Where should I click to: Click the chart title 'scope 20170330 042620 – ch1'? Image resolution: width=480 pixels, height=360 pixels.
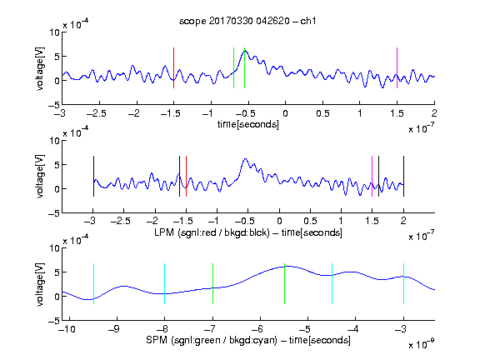[247, 21]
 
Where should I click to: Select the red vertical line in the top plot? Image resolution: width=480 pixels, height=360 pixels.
[173, 68]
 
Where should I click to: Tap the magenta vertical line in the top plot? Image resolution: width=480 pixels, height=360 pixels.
[397, 68]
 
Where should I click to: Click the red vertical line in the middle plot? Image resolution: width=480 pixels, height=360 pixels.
[186, 177]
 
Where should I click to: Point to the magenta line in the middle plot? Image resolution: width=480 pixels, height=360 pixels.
[372, 177]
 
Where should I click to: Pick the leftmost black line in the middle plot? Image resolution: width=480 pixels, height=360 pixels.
[93, 177]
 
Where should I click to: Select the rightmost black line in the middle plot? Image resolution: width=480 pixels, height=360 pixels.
[403, 177]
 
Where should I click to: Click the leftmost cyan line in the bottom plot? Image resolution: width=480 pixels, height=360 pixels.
[93, 284]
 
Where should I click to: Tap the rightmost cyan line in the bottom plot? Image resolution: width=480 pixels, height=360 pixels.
[403, 284]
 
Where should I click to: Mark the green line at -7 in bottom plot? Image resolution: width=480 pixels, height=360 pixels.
[212, 284]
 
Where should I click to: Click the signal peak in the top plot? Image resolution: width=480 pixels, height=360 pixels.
[245, 51]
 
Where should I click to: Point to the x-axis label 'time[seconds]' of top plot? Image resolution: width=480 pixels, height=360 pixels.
[248, 124]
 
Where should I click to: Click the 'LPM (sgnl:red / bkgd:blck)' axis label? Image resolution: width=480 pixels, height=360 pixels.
[212, 232]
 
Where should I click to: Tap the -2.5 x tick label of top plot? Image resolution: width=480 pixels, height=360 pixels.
[97, 113]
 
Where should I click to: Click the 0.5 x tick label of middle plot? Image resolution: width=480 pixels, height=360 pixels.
[310, 221]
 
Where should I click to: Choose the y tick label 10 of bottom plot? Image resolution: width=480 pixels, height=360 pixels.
[55, 248]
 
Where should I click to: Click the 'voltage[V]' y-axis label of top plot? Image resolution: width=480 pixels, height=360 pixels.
[40, 68]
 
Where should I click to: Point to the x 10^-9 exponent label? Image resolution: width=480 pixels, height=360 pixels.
[421, 344]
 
